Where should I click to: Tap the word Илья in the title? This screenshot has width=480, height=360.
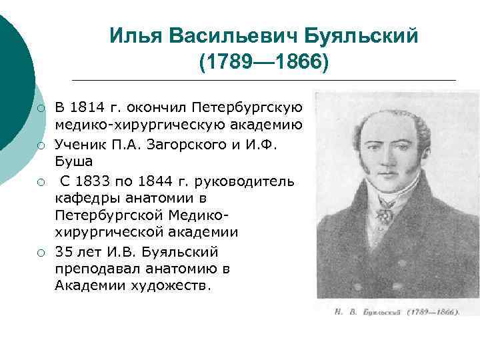pos(133,35)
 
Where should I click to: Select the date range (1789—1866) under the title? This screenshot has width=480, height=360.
pos(263,62)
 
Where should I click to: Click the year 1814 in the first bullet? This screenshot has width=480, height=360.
pos(86,107)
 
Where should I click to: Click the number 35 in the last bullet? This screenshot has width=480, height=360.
pos(64,251)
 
